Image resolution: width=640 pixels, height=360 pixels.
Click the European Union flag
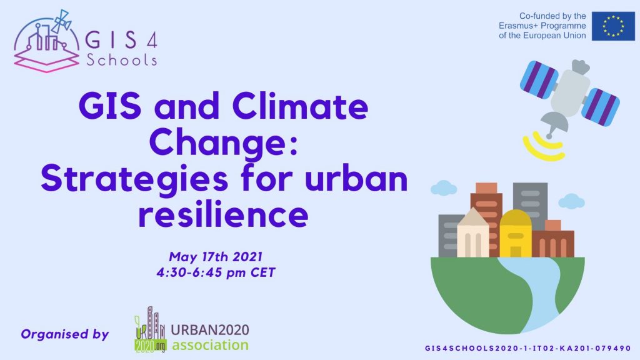(613, 26)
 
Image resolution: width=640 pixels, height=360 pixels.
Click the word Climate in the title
(300, 106)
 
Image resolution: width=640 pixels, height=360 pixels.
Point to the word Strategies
(134, 179)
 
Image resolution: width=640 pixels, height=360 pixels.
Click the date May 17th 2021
(216, 257)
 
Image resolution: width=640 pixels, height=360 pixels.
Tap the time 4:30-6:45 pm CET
(216, 272)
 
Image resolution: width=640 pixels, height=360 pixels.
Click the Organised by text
(65, 334)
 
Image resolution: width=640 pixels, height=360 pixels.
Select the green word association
(210, 345)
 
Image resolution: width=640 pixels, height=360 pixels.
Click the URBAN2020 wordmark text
(210, 330)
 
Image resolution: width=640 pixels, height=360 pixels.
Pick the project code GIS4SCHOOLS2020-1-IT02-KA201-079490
(527, 348)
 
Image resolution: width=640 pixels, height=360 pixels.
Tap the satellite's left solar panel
(539, 80)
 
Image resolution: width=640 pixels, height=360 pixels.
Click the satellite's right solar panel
(601, 107)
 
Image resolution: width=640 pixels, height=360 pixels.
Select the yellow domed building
(516, 234)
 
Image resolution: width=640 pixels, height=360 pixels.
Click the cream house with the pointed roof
(472, 233)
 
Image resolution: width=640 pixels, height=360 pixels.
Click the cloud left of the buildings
(444, 188)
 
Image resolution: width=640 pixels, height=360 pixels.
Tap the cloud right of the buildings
(571, 202)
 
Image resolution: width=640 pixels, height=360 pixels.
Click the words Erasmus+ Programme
(542, 26)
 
